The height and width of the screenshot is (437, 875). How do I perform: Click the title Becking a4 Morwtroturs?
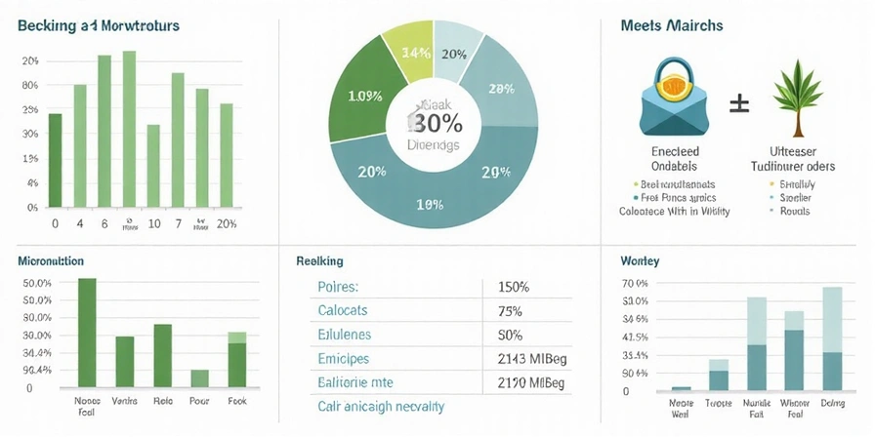(98, 26)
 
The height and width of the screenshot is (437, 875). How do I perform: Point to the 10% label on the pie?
(430, 205)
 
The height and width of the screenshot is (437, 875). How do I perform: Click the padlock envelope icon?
(669, 98)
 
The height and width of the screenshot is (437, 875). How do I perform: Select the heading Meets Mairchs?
(671, 25)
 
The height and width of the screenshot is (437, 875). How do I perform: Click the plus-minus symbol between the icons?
(740, 100)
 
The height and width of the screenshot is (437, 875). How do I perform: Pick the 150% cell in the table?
(513, 288)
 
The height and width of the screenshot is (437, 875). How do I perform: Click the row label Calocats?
(342, 311)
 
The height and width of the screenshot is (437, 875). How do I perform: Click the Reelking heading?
(318, 261)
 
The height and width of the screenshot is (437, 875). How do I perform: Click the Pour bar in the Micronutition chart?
(199, 377)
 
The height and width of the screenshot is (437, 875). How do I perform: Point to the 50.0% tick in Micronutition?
(37, 283)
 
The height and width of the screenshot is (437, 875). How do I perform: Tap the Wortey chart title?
(639, 261)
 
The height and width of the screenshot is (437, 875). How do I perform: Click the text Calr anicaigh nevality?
(381, 406)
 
